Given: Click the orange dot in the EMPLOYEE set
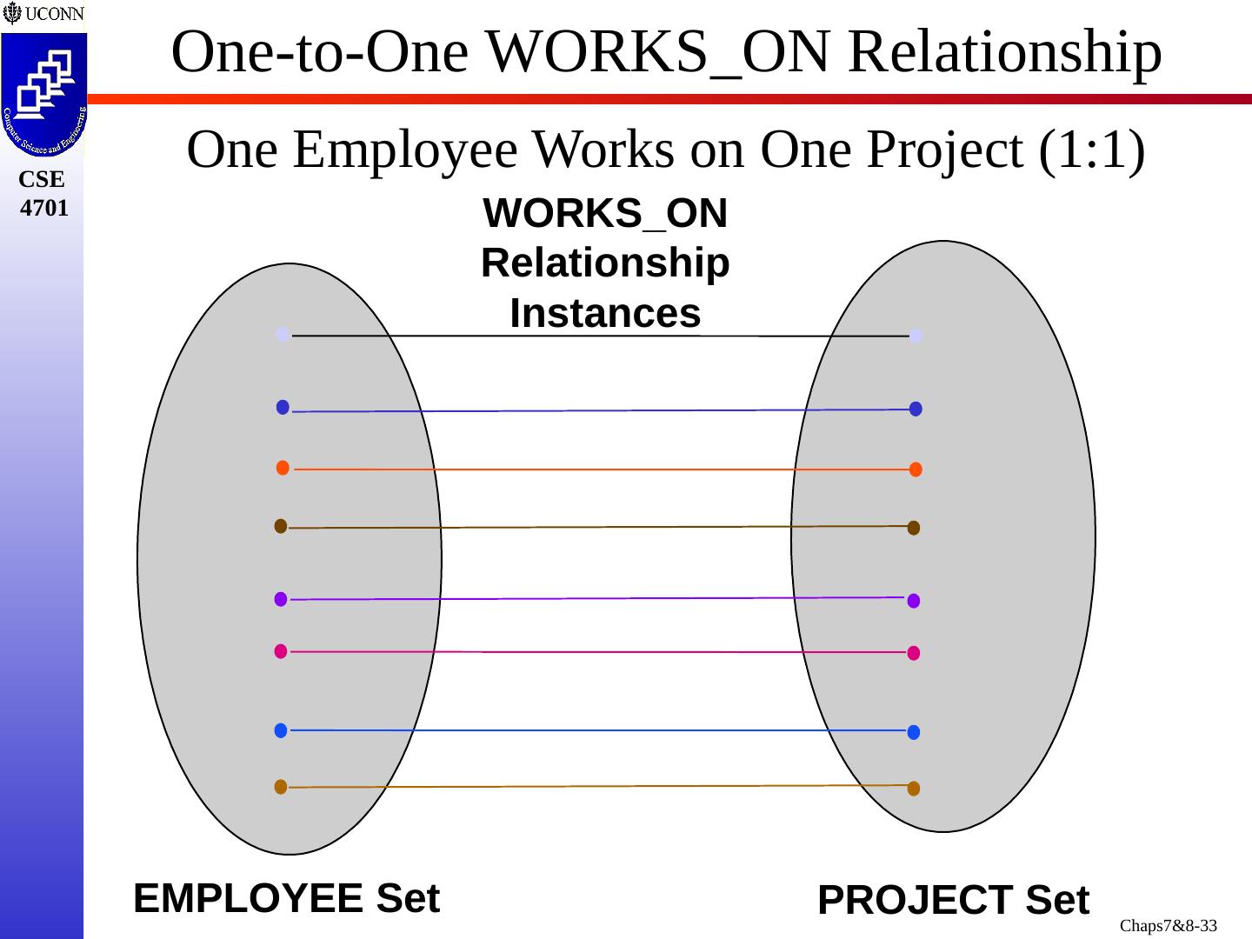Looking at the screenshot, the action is click(x=283, y=468).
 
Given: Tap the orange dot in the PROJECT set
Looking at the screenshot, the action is click(x=916, y=469).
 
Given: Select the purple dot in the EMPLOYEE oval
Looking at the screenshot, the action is click(x=281, y=599).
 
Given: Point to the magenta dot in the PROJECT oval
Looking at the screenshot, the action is click(x=914, y=653).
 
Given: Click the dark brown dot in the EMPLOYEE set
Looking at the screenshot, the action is click(x=281, y=526).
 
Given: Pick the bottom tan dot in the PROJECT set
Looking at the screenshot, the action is click(x=914, y=789).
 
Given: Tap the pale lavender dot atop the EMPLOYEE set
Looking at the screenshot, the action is click(x=283, y=334).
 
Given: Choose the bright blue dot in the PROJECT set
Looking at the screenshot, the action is click(x=914, y=732).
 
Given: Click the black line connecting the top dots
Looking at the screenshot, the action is click(x=600, y=336).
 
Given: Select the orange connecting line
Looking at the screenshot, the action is click(x=600, y=469).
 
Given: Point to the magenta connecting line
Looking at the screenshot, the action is click(x=600, y=652).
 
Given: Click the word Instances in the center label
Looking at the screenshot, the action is click(x=605, y=314).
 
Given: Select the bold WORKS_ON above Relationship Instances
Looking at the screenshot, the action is click(x=605, y=214).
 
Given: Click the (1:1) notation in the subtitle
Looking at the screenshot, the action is click(x=1091, y=150).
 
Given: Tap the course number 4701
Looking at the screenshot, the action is click(x=43, y=208).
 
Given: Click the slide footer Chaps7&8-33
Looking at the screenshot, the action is click(x=1168, y=926).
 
